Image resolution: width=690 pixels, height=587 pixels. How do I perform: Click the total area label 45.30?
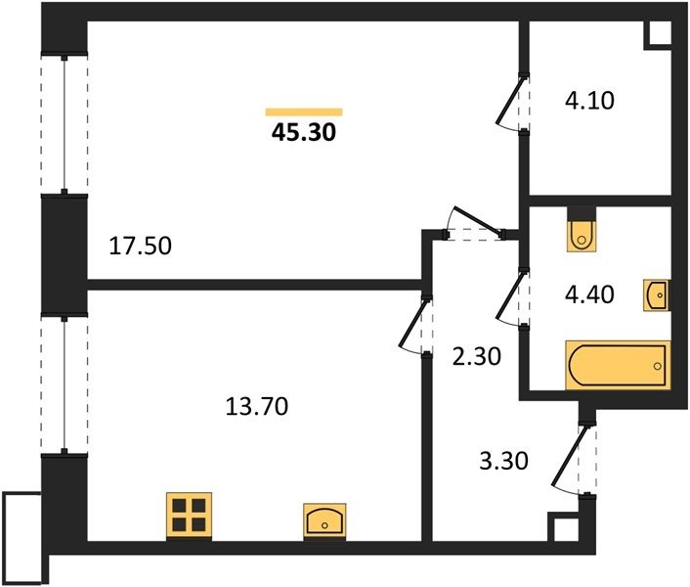[304, 132]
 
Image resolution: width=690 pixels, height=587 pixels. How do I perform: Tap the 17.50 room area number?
[140, 246]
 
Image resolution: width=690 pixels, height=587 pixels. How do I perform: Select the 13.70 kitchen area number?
[256, 406]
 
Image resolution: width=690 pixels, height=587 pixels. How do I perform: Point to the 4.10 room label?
[589, 101]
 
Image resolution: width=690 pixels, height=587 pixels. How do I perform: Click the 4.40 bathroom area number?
[589, 294]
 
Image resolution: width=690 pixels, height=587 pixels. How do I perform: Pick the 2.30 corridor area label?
[477, 356]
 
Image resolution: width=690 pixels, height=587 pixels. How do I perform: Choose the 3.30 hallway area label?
[503, 461]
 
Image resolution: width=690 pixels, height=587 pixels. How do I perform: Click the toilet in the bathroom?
[582, 230]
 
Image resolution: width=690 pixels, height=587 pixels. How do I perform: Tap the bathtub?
[618, 366]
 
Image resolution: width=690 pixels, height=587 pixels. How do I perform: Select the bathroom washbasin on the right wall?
[657, 295]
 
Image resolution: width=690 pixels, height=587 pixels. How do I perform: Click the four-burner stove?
[189, 516]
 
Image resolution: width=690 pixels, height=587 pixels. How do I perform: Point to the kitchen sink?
[324, 520]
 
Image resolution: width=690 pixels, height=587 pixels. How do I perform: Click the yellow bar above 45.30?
[304, 112]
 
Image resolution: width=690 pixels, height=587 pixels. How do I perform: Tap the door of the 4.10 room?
[510, 102]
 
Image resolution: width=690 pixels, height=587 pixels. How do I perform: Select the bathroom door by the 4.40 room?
[510, 297]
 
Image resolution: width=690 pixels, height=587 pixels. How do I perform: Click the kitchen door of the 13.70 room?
[413, 325]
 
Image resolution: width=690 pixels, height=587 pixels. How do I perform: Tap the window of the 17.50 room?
[65, 124]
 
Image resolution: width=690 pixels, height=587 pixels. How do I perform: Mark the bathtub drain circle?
[658, 366]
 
